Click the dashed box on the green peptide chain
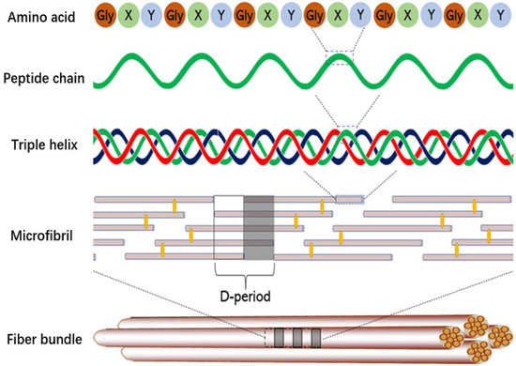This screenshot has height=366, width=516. coord(341,58)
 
